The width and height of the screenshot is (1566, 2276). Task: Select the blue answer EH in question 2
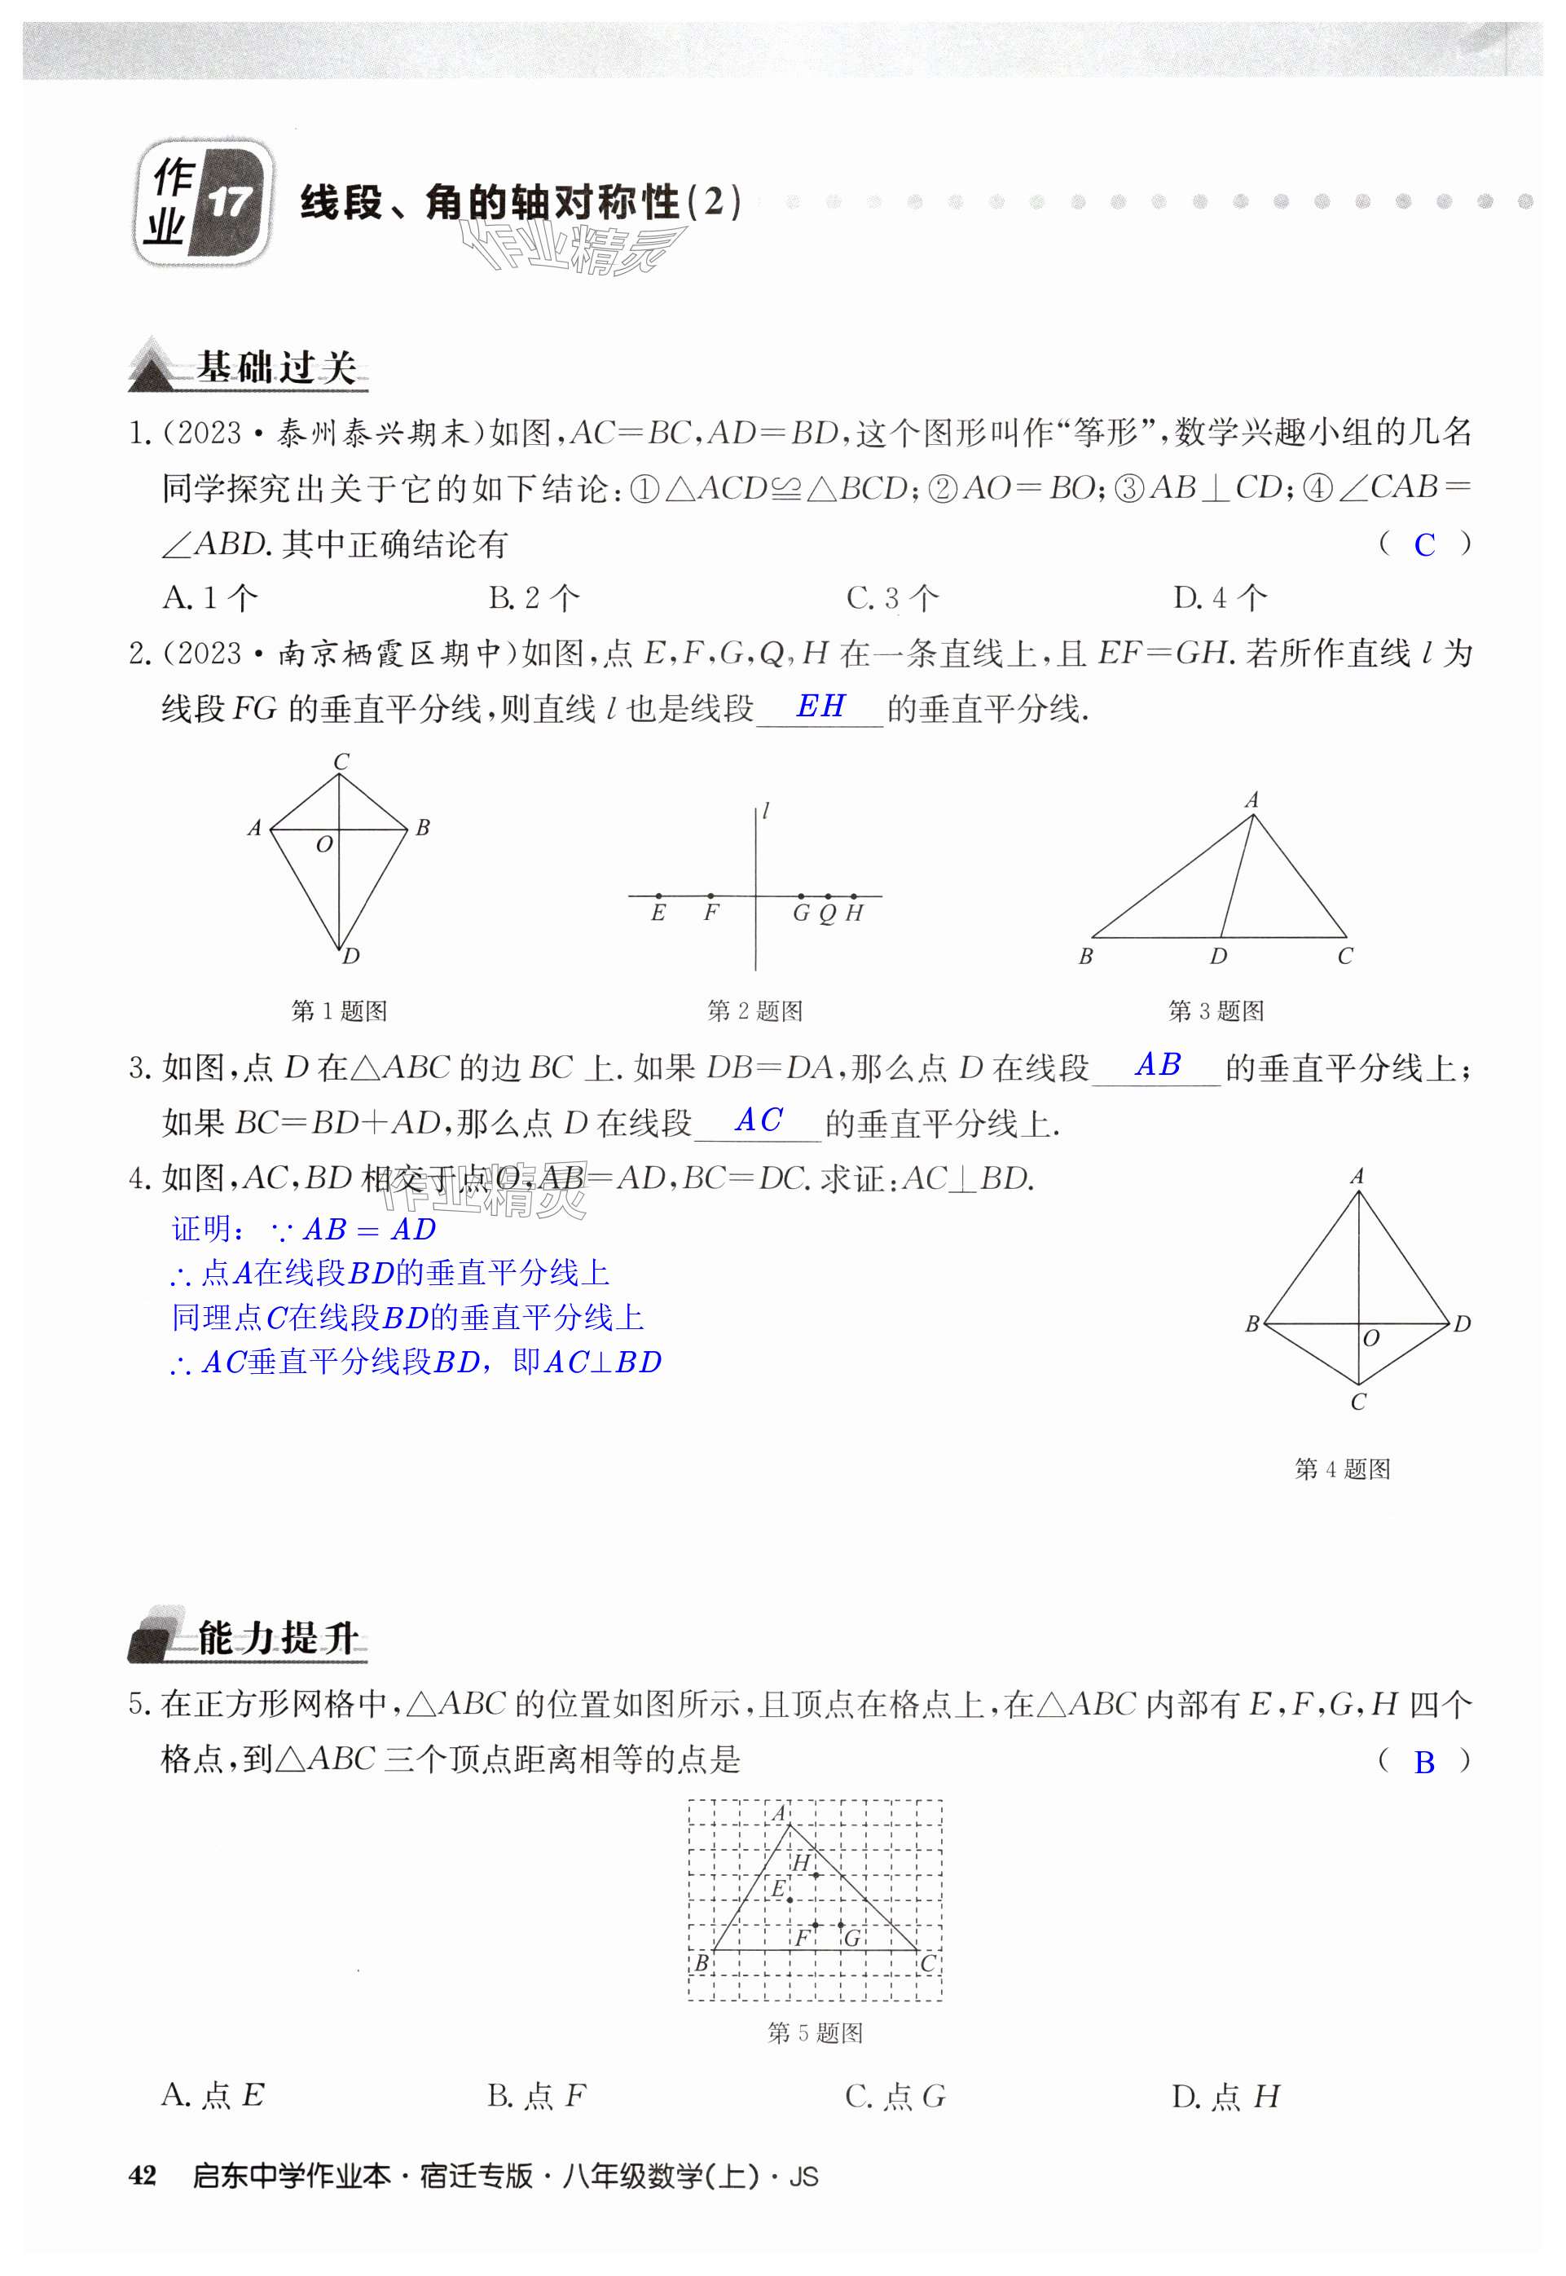[820, 707]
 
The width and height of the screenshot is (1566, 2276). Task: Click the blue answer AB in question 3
[1158, 1065]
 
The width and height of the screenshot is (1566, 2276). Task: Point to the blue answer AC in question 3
[759, 1120]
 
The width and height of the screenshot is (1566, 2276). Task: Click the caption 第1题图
[340, 1011]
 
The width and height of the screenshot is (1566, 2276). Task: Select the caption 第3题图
[1216, 1011]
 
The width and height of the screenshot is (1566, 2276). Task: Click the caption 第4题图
[1342, 1469]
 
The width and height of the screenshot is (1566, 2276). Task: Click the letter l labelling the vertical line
[765, 811]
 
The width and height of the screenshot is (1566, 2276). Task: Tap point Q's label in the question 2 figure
[827, 913]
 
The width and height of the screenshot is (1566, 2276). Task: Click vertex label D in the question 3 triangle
[1219, 956]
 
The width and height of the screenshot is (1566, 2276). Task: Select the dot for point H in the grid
[816, 1876]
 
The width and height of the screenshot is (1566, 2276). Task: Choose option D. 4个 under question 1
[1220, 597]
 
